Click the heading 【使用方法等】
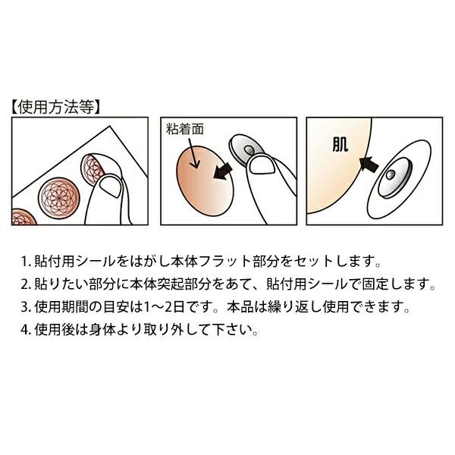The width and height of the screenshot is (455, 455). click(55, 107)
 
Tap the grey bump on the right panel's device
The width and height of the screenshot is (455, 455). click(390, 175)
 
